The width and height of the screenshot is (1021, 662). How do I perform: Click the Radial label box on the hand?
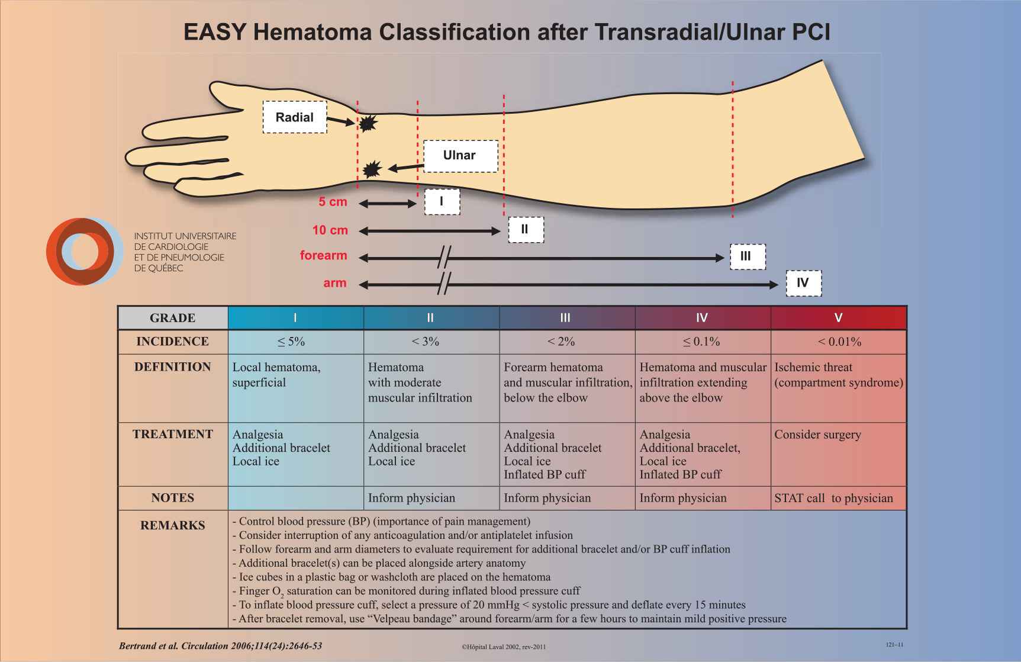click(x=295, y=117)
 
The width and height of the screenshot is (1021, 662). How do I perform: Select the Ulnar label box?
click(x=460, y=156)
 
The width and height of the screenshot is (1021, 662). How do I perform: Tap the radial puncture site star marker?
click(x=368, y=123)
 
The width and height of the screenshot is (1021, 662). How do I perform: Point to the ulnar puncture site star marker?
click(x=371, y=169)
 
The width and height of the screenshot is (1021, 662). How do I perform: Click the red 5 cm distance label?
click(x=333, y=202)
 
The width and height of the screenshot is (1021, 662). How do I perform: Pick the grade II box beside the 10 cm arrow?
click(x=526, y=229)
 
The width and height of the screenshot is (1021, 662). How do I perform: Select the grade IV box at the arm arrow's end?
click(x=803, y=282)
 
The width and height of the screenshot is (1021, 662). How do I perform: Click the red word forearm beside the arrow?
click(x=323, y=256)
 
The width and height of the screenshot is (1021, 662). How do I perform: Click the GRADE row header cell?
click(x=172, y=318)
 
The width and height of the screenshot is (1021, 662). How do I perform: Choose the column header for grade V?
click(x=838, y=318)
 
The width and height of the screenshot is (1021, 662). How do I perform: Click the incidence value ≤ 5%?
click(x=291, y=342)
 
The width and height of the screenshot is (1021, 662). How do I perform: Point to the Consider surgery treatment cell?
click(x=817, y=435)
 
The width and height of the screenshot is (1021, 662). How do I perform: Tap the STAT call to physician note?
click(x=833, y=498)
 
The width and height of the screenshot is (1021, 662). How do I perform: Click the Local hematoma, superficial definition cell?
click(x=276, y=375)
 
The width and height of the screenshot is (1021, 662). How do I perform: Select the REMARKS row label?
click(x=172, y=525)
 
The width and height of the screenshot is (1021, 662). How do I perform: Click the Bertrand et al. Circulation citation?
click(x=220, y=645)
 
